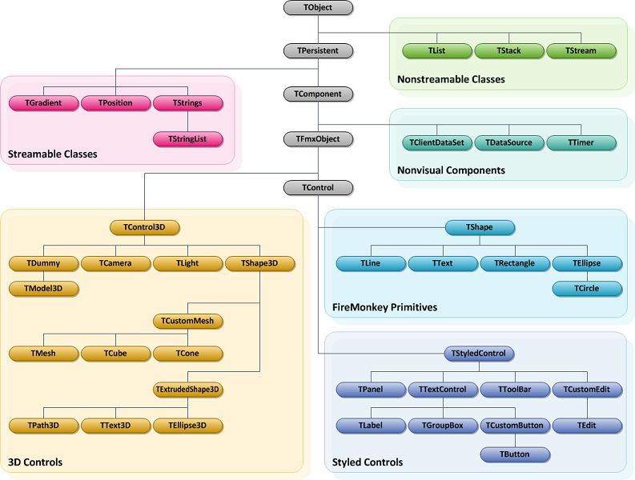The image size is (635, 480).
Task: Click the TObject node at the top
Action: point(318,8)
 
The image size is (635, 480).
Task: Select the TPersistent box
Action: point(318,51)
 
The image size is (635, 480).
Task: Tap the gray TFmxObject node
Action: point(318,139)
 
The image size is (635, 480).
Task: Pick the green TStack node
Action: point(508,51)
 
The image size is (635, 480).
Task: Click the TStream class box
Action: point(581,51)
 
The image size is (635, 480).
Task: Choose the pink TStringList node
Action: point(187,139)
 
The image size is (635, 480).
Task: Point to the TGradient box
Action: point(43,103)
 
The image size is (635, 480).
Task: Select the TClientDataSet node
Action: point(436,143)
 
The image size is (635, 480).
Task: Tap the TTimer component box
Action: point(581,143)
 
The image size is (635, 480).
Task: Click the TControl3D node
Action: point(144,227)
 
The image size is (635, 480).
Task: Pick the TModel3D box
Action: point(43,289)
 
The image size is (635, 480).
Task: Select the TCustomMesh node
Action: point(187,322)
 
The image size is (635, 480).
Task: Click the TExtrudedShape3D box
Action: point(187,390)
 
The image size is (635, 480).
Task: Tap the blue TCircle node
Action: point(587,289)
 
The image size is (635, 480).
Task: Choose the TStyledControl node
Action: point(479,354)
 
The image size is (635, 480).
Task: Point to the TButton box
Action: point(515,454)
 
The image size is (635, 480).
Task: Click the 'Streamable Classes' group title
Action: point(53,154)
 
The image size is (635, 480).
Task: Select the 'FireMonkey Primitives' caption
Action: point(384,307)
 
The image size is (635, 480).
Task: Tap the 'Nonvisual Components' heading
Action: point(451,170)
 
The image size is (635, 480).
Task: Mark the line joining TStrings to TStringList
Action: point(187,122)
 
